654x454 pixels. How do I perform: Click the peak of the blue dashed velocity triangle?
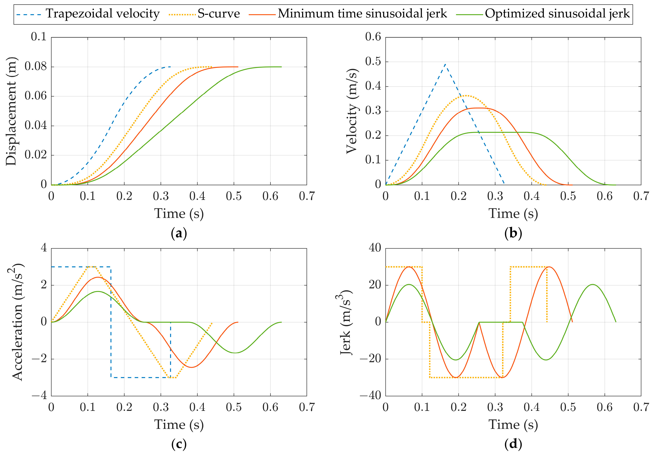[x=445, y=64]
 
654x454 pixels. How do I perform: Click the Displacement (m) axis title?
[x=11, y=111]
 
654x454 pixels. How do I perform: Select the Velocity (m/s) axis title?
[x=352, y=111]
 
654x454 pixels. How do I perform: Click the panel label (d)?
[x=513, y=444]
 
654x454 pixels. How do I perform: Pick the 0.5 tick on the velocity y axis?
[x=373, y=62]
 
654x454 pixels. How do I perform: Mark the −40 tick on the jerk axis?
[x=370, y=395]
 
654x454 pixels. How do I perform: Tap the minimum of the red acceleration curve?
[x=192, y=367]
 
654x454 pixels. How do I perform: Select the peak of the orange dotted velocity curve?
[x=466, y=96]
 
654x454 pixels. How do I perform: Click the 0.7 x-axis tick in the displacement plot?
[x=307, y=196]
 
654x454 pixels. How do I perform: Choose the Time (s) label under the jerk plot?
[x=513, y=425]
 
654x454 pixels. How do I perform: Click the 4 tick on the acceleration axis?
[x=44, y=248]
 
